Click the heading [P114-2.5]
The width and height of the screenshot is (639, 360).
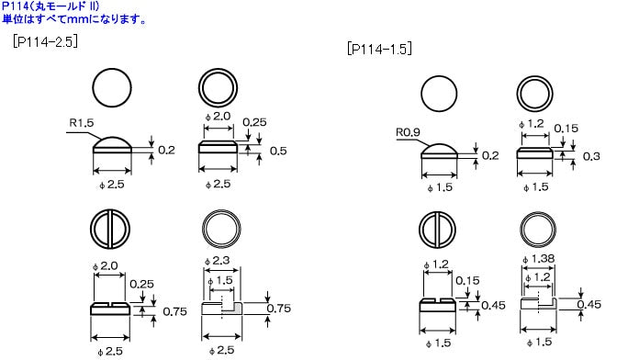tap(45, 41)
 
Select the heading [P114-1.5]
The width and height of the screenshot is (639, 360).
tap(379, 49)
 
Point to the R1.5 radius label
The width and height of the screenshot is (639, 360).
tap(82, 122)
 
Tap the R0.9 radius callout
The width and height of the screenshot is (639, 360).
tap(408, 132)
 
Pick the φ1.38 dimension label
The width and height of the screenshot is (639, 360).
tap(538, 259)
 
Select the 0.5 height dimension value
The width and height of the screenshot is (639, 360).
tap(278, 151)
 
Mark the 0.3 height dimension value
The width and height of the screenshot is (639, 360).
tap(591, 156)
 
